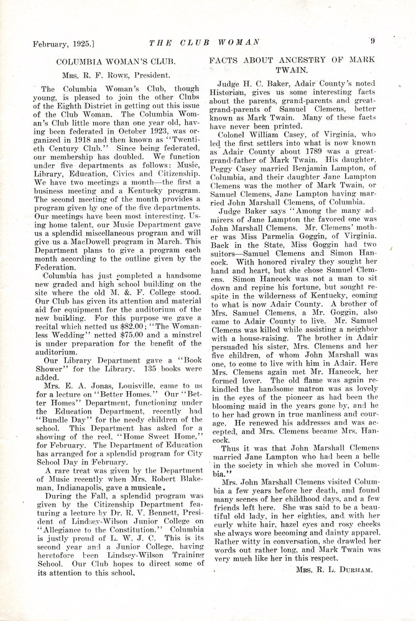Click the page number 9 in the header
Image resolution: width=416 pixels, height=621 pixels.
[x=372, y=42]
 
